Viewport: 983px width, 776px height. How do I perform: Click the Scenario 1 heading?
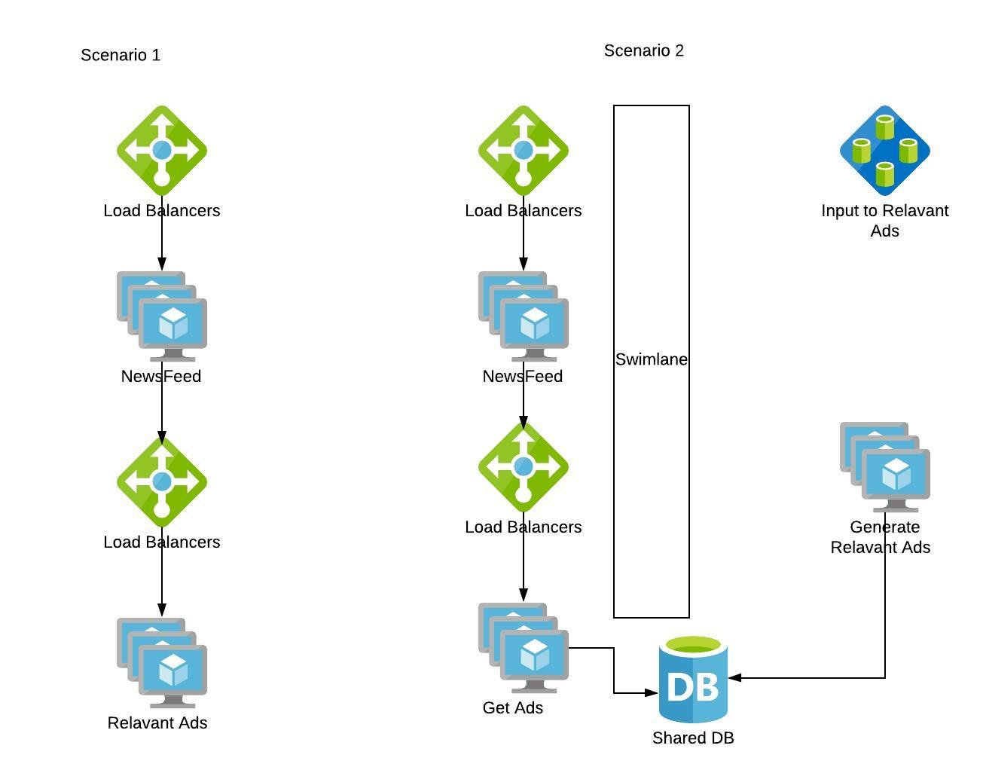click(x=121, y=55)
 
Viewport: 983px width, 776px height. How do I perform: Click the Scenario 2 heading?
click(x=643, y=50)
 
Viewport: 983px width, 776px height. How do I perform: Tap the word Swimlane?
click(x=651, y=359)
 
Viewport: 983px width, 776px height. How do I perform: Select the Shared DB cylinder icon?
click(x=693, y=680)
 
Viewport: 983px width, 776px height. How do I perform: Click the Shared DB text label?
click(x=693, y=738)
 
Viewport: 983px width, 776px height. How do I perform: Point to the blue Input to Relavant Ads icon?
click(x=884, y=151)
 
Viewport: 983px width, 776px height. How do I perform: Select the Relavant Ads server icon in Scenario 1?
click(x=162, y=663)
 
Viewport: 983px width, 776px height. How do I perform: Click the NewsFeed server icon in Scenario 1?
click(x=162, y=316)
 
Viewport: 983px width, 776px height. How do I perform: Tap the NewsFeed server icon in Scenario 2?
click(x=524, y=316)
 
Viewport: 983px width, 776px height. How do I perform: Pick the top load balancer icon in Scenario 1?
click(x=162, y=151)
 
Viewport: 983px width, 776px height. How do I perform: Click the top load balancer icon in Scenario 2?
click(x=524, y=151)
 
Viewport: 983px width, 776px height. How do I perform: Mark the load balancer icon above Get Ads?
click(x=524, y=467)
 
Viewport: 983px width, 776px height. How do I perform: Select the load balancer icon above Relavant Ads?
click(x=162, y=482)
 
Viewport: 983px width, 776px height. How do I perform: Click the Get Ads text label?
click(x=512, y=708)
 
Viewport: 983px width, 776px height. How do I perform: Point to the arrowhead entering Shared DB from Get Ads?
click(x=652, y=693)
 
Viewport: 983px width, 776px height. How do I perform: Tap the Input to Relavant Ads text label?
click(x=884, y=221)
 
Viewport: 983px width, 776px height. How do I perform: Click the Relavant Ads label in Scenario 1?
click(x=157, y=723)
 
